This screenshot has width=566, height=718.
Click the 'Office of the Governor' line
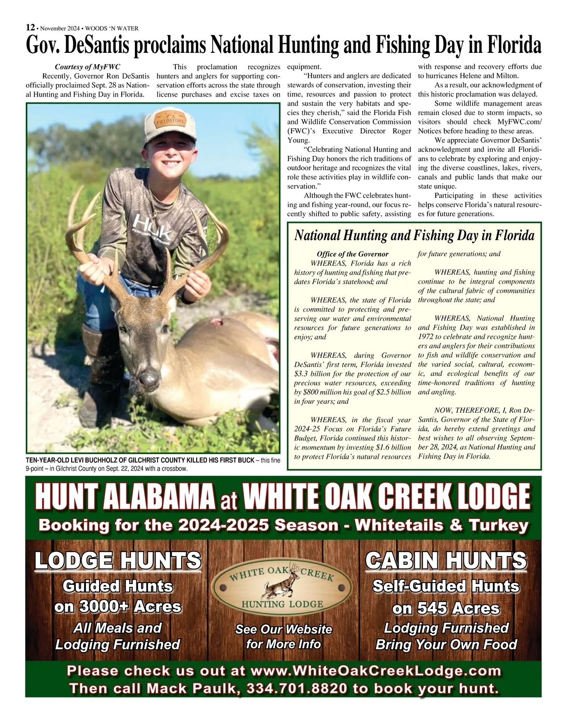(353, 254)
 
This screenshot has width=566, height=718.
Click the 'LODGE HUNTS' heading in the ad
(117, 561)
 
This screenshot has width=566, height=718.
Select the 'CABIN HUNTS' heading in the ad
(446, 561)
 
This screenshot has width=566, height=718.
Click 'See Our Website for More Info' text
(283, 636)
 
